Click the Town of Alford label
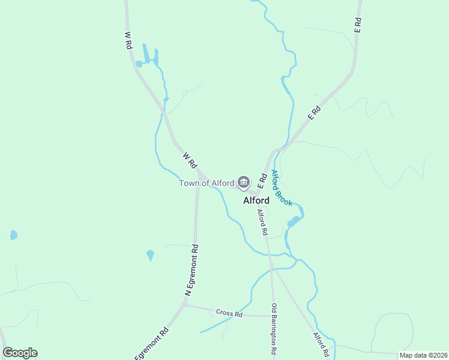[x=206, y=183]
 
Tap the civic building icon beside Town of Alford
[x=243, y=182]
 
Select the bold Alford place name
[x=256, y=200]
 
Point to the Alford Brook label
[x=281, y=188]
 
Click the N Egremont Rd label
[x=191, y=269]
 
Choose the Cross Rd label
[x=229, y=314]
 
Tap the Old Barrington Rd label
[x=274, y=332]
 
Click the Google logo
[x=20, y=353]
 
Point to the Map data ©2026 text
[x=423, y=355]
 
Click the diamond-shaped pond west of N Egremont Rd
[x=150, y=256]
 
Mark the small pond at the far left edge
[x=13, y=235]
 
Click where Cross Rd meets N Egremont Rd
[x=186, y=305]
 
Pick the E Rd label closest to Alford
[x=262, y=179]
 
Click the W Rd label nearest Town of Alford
[x=190, y=160]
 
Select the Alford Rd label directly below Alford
[x=262, y=221]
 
